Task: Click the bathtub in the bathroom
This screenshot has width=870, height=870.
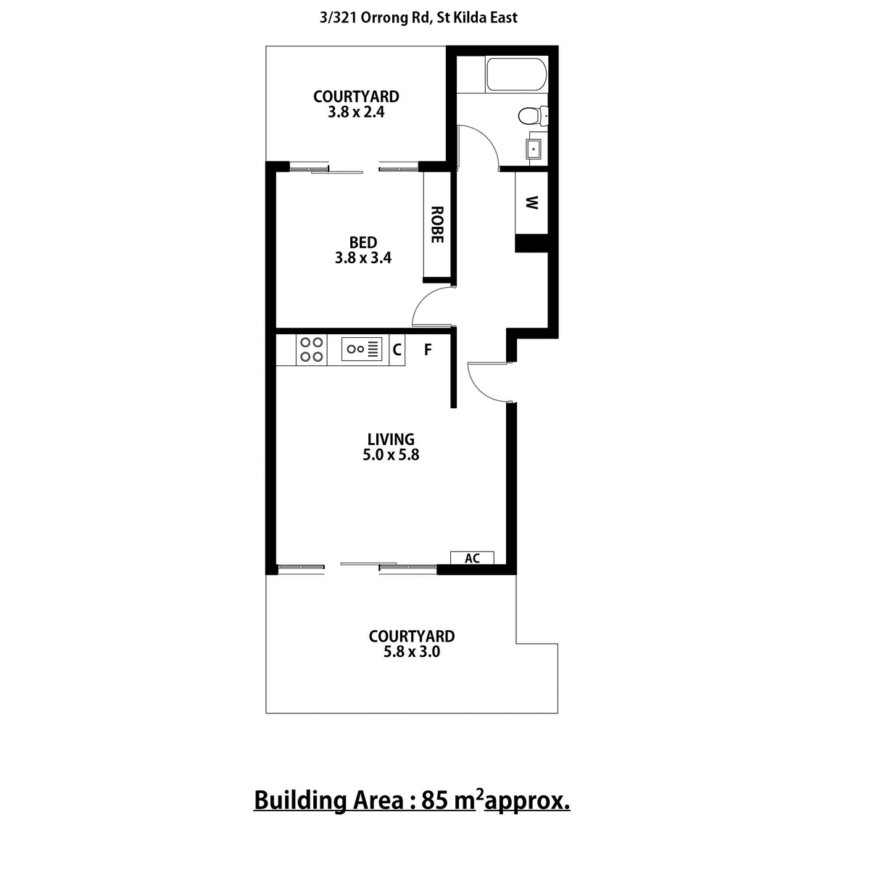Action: click(516, 75)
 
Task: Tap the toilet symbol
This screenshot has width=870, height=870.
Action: click(533, 116)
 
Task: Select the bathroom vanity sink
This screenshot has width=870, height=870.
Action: click(533, 149)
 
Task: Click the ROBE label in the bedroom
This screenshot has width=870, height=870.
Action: click(436, 225)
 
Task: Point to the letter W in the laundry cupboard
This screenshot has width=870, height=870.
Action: click(532, 203)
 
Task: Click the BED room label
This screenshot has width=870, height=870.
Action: click(363, 242)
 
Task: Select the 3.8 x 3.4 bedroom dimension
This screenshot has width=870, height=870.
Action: click(363, 258)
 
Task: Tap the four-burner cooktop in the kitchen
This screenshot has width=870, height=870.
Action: click(312, 349)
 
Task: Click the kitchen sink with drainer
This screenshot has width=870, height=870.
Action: click(362, 349)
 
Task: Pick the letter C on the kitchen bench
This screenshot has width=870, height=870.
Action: click(397, 349)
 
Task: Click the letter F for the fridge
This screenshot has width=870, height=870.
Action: click(428, 349)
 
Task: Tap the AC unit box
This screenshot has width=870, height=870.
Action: click(472, 558)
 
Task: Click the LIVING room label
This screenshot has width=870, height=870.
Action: click(391, 439)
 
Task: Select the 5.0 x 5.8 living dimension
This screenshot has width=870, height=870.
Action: click(391, 455)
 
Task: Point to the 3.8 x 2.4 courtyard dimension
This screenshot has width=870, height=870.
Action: click(356, 112)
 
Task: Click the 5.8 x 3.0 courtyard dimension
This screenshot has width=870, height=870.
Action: click(412, 652)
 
